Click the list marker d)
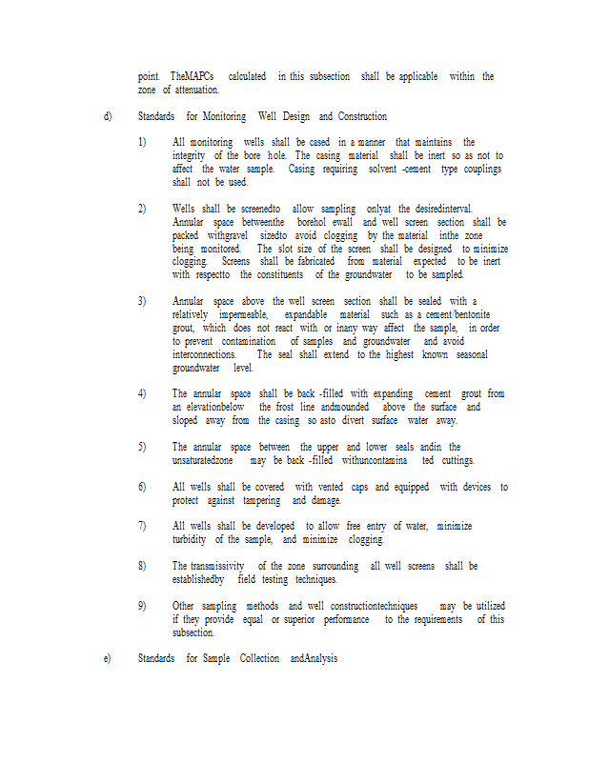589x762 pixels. coord(108,116)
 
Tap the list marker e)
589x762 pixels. coord(107,658)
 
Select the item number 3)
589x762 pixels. coord(142,301)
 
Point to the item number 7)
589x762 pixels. coord(142,525)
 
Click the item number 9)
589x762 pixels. coord(142,605)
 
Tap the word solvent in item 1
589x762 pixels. coord(385,169)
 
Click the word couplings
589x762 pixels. coord(480,169)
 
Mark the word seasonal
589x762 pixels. coord(468,354)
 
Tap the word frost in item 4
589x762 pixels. coord(273,407)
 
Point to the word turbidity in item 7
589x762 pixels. coord(193,538)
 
